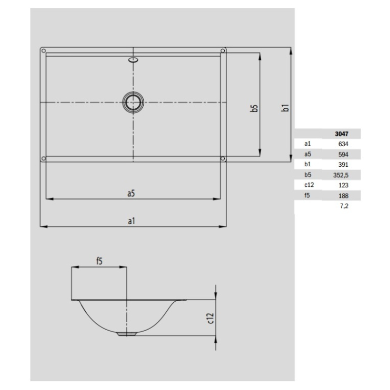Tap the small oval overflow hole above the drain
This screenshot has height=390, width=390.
(x=133, y=59)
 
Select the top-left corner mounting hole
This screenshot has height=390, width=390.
(x=43, y=51)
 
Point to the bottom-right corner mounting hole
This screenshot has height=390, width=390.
(x=223, y=158)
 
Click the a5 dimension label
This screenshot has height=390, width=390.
(x=131, y=193)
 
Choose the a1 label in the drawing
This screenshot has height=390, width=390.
(x=131, y=221)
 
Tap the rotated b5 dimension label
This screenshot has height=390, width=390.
(x=254, y=108)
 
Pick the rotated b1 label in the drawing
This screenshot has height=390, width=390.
(x=285, y=108)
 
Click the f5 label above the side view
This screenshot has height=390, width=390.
(x=99, y=261)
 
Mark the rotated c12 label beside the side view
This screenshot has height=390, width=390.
(x=211, y=318)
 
